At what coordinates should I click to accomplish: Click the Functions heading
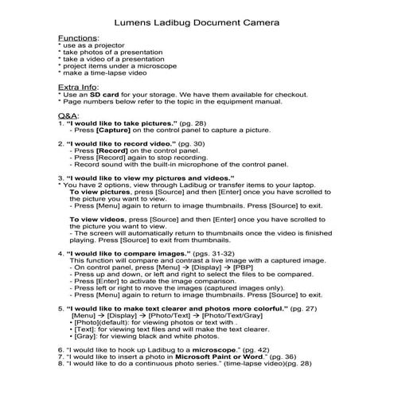tap(79, 37)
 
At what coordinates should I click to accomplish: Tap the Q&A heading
tap(68, 116)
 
